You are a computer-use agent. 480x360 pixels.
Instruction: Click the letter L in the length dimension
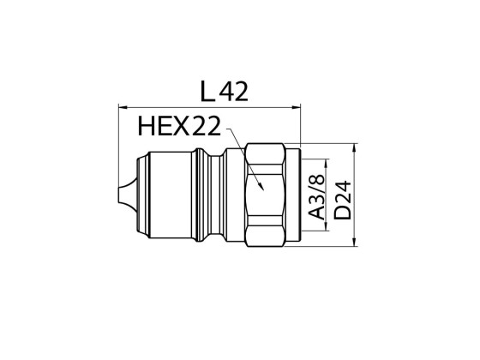pyautogui.click(x=207, y=91)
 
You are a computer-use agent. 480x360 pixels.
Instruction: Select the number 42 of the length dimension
pyautogui.click(x=234, y=91)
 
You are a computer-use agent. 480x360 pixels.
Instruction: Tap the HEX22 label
pyautogui.click(x=177, y=129)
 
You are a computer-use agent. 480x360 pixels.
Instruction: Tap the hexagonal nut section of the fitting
pyautogui.click(x=267, y=197)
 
